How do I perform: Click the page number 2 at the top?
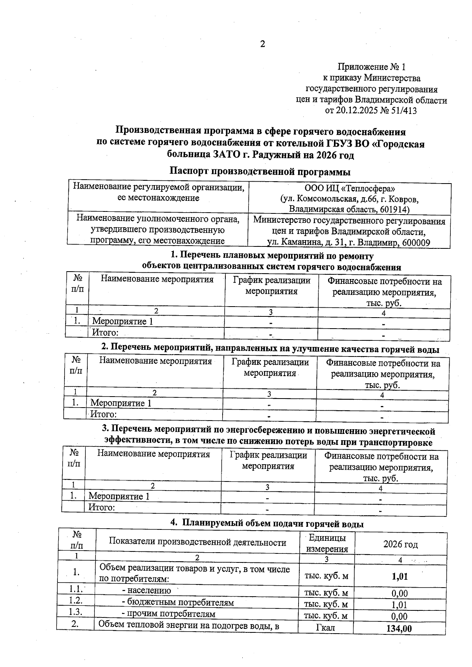pos(263,44)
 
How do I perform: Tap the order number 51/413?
pos(404,111)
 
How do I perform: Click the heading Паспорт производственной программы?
pos(260,172)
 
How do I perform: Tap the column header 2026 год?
pos(400,544)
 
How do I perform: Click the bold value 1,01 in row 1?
pos(400,577)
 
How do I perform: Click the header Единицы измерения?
pos(327,543)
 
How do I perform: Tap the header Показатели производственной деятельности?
pos(197,542)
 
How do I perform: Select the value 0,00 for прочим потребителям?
pos(400,616)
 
